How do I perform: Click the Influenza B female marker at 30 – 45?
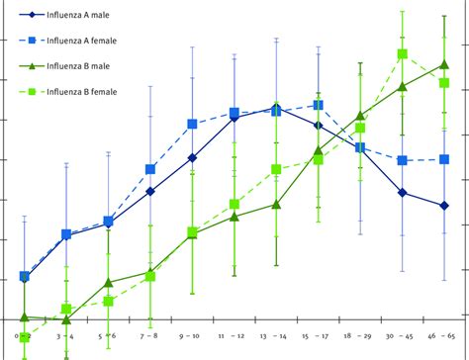(403, 55)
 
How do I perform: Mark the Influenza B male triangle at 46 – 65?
(445, 65)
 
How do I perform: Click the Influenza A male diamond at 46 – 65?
(445, 206)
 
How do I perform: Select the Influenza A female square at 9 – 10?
(192, 125)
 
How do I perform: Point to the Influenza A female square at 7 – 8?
(150, 170)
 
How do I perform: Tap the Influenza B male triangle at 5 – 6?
(108, 283)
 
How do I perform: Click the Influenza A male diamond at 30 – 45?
(403, 193)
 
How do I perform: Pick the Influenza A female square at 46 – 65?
(445, 159)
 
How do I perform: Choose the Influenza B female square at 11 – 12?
(234, 205)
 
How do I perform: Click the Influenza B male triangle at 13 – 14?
(276, 205)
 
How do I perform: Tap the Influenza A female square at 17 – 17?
(319, 105)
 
